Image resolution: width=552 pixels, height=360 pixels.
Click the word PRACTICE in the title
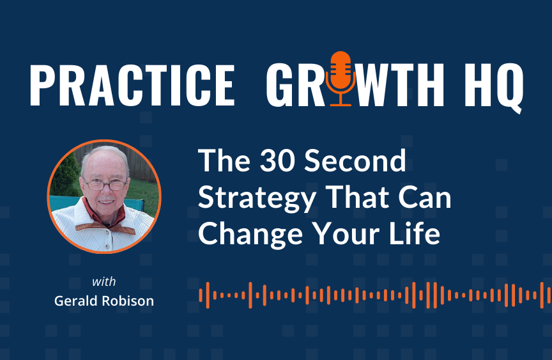click(x=132, y=85)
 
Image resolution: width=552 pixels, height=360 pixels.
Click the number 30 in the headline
click(x=278, y=160)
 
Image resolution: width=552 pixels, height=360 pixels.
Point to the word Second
click(x=355, y=160)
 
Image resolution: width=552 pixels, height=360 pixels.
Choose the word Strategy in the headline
click(x=257, y=199)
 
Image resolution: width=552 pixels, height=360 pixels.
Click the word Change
click(x=250, y=235)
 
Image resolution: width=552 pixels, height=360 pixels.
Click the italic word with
click(x=104, y=281)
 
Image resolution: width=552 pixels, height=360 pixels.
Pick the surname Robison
click(x=128, y=301)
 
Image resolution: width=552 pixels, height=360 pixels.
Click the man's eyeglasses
click(x=105, y=184)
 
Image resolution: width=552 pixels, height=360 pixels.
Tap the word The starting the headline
click(x=225, y=160)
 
